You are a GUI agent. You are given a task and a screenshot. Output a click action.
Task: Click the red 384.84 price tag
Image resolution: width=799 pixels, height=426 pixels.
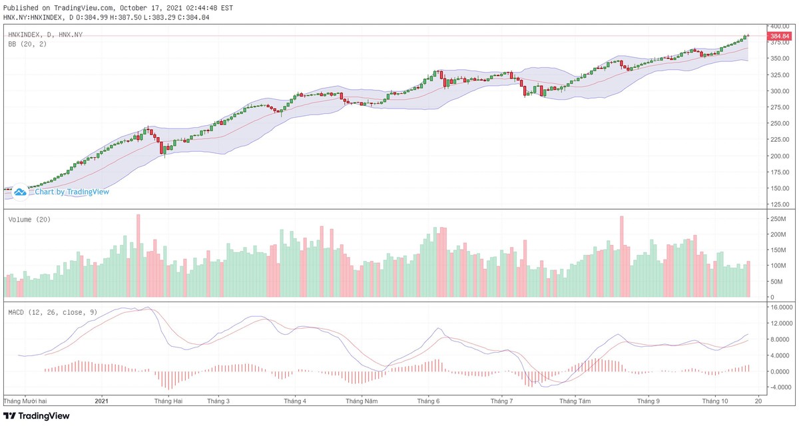(x=778, y=36)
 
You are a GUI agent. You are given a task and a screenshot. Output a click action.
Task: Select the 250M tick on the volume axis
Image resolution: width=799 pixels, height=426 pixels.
(x=778, y=219)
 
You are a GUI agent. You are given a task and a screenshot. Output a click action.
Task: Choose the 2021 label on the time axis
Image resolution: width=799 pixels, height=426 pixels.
(x=101, y=401)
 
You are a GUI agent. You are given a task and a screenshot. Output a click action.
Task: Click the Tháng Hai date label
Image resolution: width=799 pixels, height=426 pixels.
(x=168, y=401)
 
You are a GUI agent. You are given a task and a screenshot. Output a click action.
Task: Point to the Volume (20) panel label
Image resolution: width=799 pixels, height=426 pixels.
(x=29, y=220)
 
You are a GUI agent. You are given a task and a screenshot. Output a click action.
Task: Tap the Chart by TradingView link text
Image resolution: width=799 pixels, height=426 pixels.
(x=72, y=192)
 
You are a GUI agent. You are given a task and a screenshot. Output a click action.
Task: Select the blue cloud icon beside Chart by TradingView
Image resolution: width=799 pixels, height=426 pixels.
(x=20, y=192)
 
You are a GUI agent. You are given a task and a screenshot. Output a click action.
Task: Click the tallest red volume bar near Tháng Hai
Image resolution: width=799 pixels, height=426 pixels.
(x=138, y=256)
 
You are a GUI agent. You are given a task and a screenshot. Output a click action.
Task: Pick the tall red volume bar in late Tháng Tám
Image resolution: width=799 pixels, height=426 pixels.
(x=621, y=256)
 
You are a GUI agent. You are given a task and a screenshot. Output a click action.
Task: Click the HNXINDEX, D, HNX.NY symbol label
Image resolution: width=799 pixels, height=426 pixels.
(x=45, y=35)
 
